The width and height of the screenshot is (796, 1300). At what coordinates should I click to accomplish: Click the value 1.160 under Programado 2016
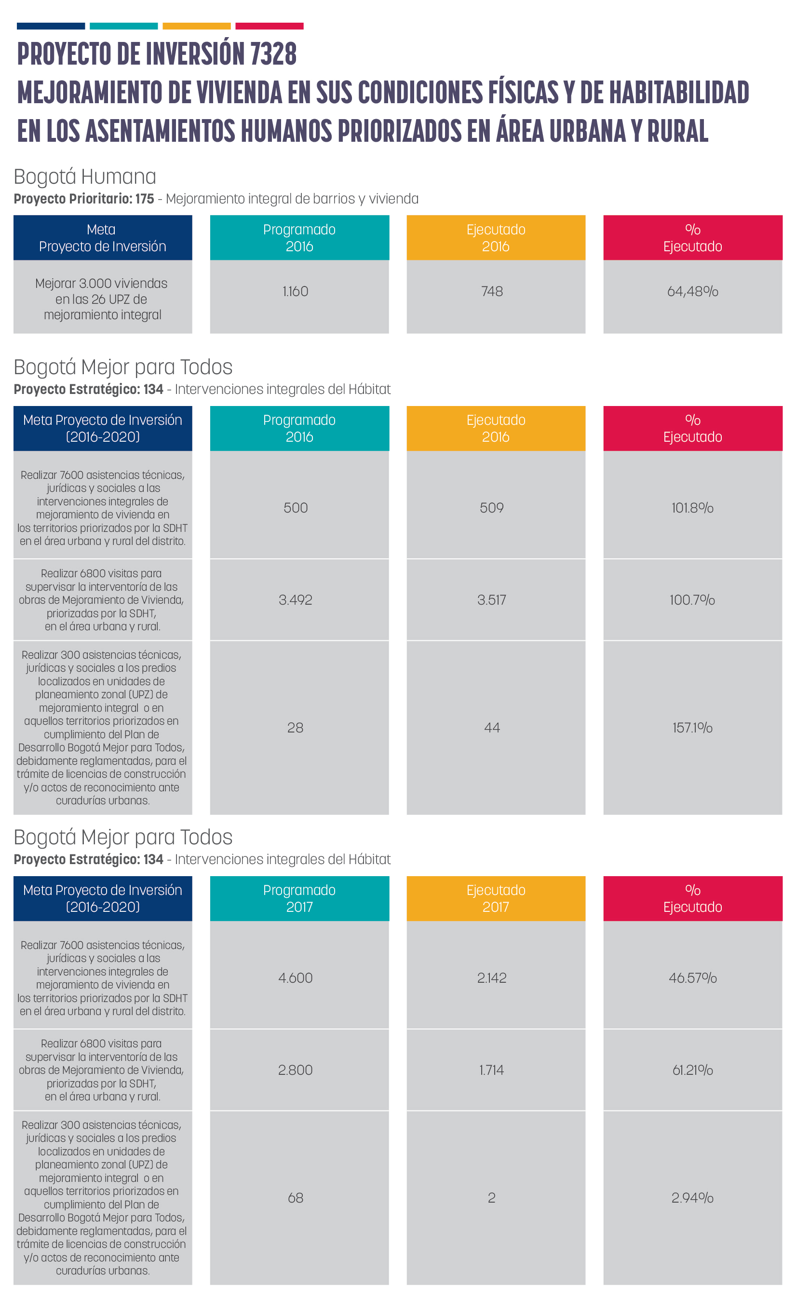click(x=295, y=291)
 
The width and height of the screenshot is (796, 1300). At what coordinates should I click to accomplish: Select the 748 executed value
click(x=492, y=291)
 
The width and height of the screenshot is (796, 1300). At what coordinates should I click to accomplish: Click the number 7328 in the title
click(x=273, y=54)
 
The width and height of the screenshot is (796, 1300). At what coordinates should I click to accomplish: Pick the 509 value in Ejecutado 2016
click(x=492, y=508)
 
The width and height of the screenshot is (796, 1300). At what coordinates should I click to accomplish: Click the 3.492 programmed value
click(x=296, y=600)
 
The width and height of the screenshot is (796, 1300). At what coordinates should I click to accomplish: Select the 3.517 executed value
click(x=492, y=600)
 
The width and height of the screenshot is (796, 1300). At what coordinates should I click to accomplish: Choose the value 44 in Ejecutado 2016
click(x=492, y=728)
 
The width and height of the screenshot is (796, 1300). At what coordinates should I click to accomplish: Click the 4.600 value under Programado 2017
click(x=296, y=977)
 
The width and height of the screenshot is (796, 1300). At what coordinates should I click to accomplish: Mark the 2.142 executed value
click(x=492, y=977)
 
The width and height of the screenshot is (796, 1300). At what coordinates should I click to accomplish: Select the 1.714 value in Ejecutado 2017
click(x=492, y=1070)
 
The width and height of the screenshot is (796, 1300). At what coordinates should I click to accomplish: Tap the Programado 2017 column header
click(x=299, y=898)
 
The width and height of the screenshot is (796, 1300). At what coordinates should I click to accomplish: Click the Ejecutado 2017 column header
click(x=496, y=898)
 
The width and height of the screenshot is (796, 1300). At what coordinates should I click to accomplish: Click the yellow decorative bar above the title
click(x=196, y=26)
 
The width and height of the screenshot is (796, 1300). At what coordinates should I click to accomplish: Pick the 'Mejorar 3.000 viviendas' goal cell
click(x=103, y=297)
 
